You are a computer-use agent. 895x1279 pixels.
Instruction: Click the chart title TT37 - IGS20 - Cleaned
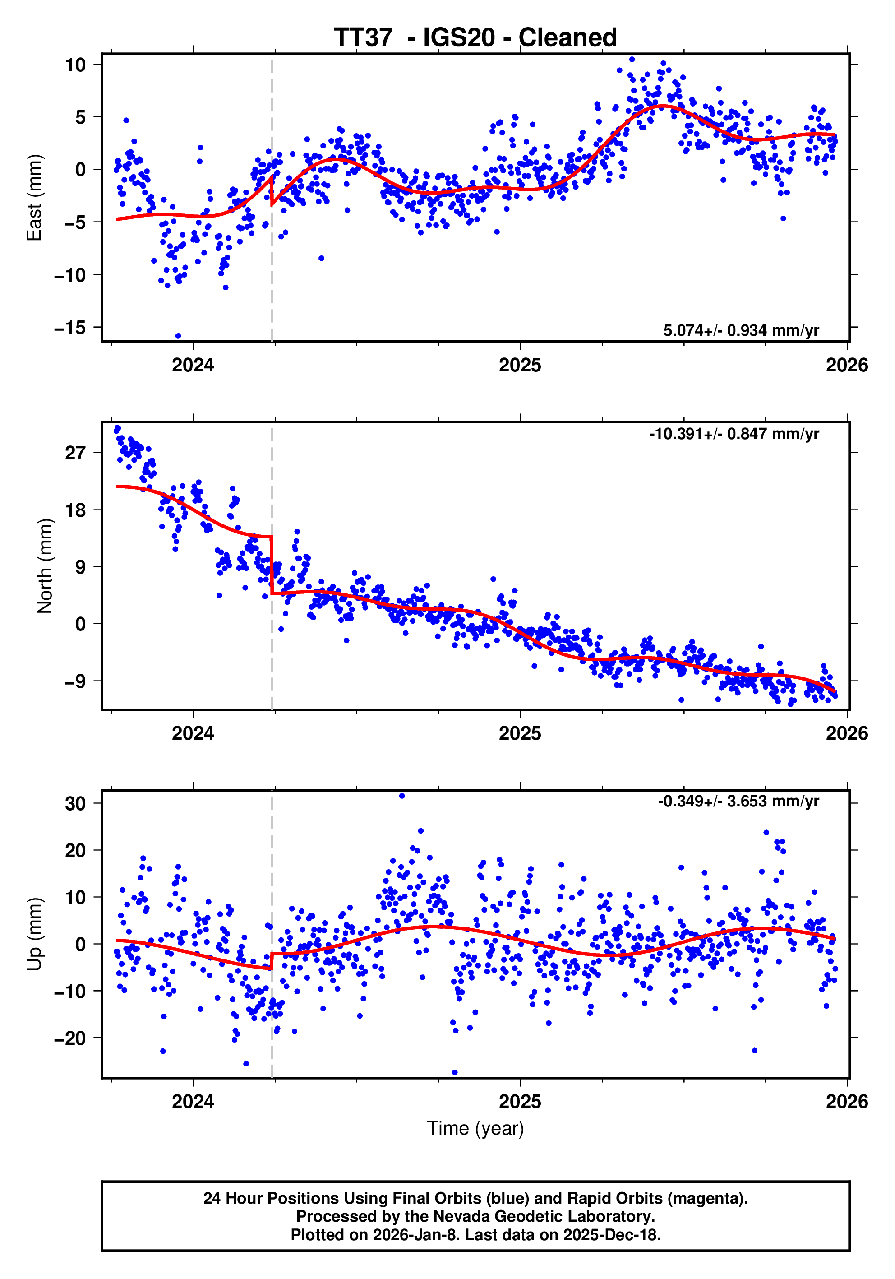click(x=475, y=38)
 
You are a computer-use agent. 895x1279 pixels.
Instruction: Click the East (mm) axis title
click(x=34, y=198)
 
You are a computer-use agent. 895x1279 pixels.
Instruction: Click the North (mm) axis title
click(x=45, y=566)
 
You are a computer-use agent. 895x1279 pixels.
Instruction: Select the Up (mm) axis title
click(x=34, y=934)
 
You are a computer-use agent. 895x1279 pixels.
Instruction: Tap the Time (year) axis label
click(x=475, y=1128)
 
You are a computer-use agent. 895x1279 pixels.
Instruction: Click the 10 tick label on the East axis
click(x=76, y=65)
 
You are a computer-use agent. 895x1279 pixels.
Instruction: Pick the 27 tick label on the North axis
click(x=76, y=453)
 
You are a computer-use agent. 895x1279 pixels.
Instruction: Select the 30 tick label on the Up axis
click(x=76, y=804)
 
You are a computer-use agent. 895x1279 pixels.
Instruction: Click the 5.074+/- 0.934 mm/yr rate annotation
click(x=741, y=330)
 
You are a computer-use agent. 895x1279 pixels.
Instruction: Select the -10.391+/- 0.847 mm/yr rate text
click(x=734, y=434)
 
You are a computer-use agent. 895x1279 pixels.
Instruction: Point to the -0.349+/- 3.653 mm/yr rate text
click(x=738, y=802)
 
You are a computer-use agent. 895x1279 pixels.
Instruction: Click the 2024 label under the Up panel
click(x=193, y=1101)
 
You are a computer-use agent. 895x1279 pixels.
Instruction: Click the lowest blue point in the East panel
click(x=178, y=336)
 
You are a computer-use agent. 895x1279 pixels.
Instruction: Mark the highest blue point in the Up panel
click(x=402, y=796)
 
